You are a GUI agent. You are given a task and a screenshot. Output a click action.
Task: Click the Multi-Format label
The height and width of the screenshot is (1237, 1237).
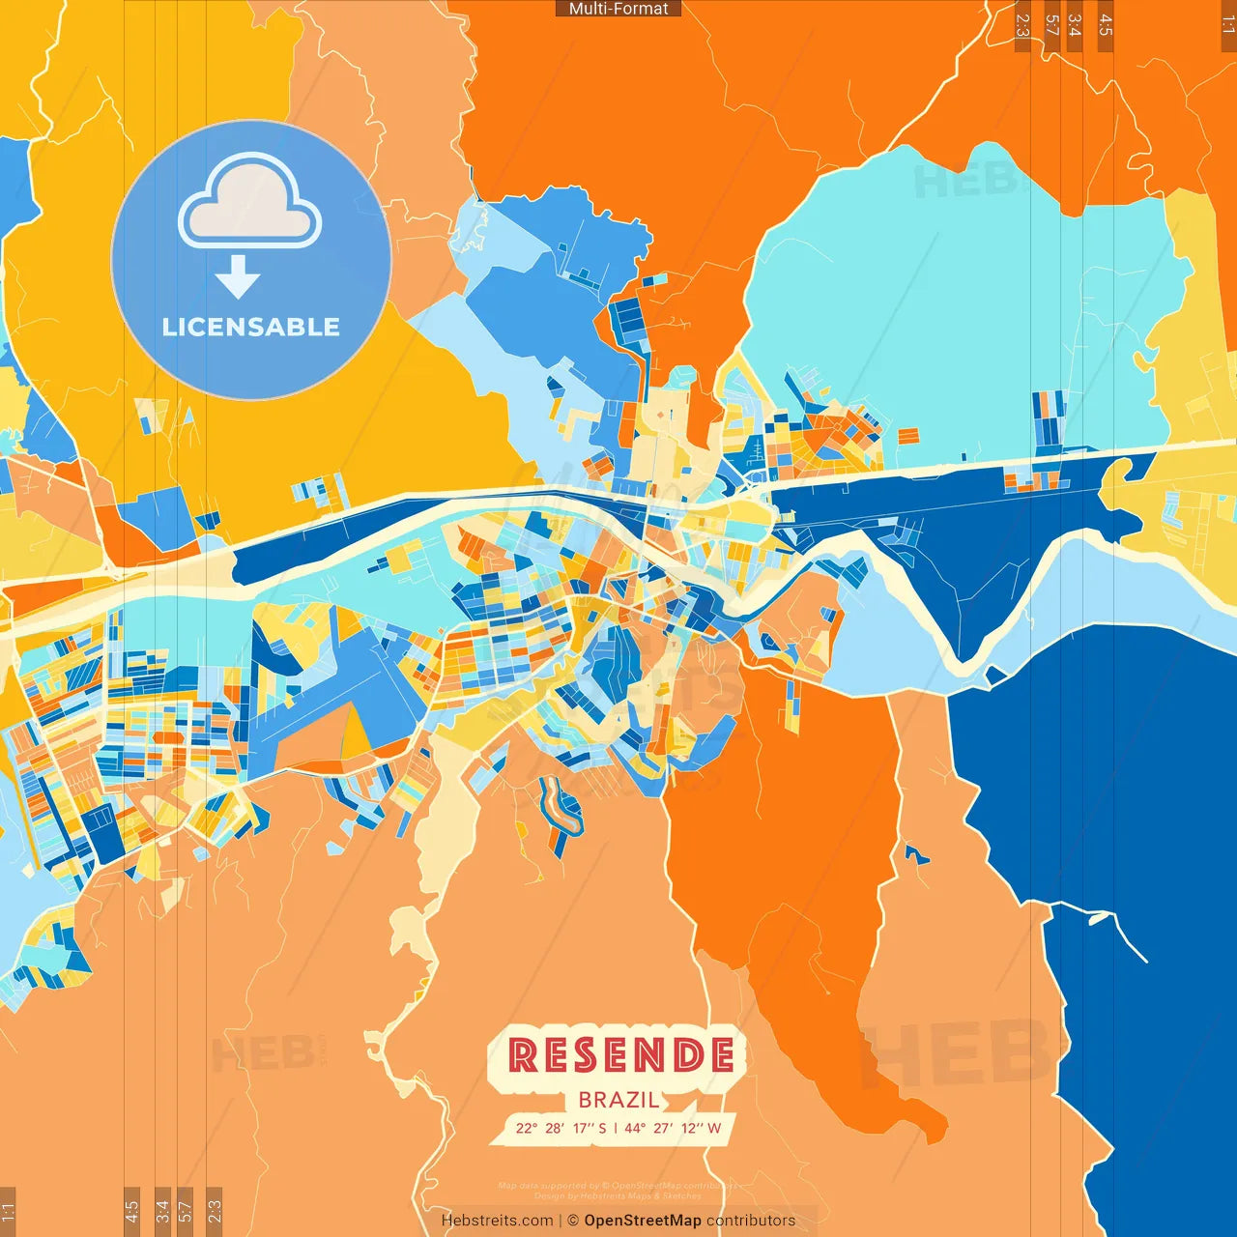pos(618,9)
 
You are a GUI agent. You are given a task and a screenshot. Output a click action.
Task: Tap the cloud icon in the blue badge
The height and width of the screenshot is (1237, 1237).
pos(250,202)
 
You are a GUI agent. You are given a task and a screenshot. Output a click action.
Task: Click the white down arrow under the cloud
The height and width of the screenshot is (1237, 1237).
pos(238,278)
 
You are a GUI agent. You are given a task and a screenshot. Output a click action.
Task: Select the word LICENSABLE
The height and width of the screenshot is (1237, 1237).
pos(251,327)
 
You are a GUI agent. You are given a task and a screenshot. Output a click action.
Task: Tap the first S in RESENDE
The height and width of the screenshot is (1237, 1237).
pos(587,1055)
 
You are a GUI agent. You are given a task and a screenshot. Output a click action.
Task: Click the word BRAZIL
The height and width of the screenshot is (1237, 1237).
pos(618,1100)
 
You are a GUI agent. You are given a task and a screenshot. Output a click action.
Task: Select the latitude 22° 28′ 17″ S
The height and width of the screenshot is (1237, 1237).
pos(561,1128)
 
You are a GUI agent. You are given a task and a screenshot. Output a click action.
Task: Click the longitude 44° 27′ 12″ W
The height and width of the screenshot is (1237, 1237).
pos(673,1128)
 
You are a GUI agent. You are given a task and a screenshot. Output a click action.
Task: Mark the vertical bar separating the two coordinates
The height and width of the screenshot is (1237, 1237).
pos(616,1128)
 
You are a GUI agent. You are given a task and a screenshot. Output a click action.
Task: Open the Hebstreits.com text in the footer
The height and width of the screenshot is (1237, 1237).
pos(497,1221)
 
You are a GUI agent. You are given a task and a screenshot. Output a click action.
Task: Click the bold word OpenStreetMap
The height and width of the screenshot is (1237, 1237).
pos(643,1221)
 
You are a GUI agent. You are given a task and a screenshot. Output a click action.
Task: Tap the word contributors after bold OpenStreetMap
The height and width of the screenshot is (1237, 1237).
pos(751,1221)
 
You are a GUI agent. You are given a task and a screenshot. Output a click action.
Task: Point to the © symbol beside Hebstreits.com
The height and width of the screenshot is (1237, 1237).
pos(572,1221)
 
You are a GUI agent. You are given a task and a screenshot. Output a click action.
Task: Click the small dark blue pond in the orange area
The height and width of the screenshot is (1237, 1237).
pos(914,854)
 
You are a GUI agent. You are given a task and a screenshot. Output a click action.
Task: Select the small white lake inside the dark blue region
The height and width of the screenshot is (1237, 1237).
pos(1100,918)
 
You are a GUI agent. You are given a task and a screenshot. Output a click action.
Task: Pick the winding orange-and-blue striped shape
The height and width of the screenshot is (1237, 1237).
pos(561,807)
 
